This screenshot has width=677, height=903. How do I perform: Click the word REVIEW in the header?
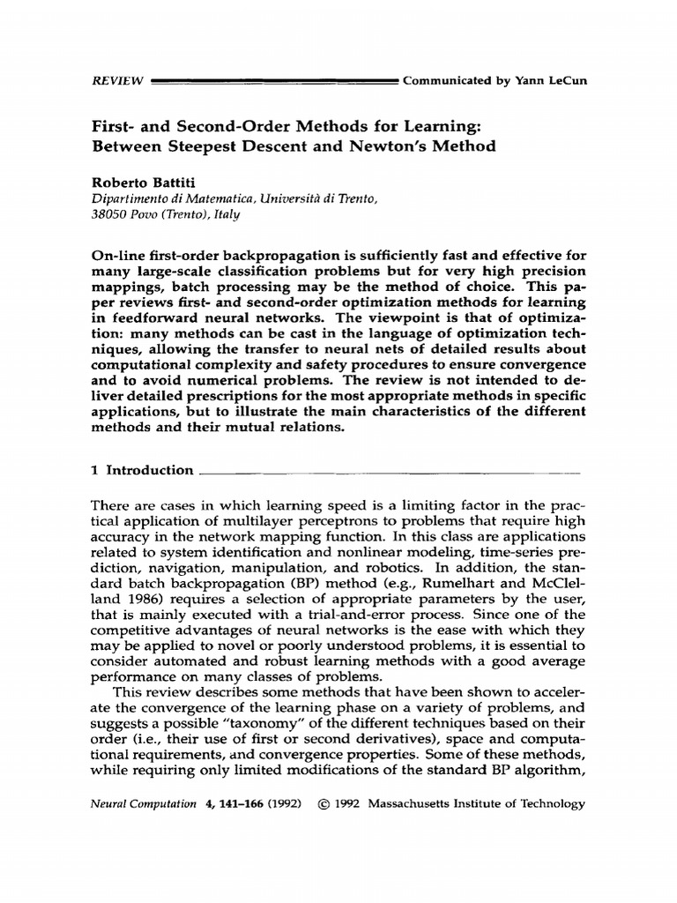(117, 81)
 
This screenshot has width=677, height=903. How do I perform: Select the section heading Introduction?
(149, 471)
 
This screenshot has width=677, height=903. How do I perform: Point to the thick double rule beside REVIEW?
(274, 81)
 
